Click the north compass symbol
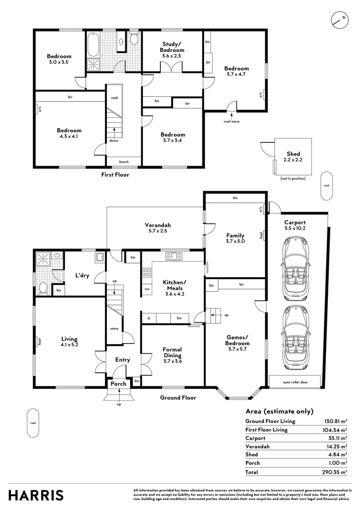339,19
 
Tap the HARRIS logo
36,495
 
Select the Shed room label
293,154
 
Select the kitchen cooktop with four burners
147,272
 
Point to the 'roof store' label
231,121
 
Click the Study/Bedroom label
172,47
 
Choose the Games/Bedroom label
237,340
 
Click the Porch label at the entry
118,384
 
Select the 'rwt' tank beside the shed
326,185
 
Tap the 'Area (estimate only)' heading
279,411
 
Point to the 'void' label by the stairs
114,98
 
